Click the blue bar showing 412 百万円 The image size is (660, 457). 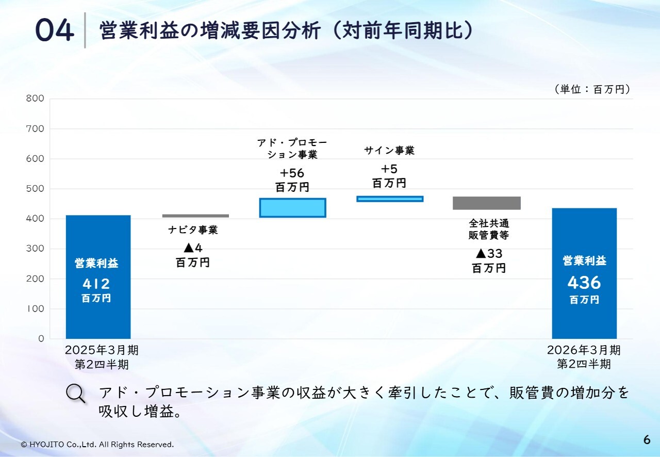(x=98, y=277)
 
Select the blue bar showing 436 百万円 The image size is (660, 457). (x=584, y=273)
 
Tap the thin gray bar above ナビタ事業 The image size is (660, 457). (x=195, y=216)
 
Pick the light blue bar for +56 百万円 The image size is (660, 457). (x=292, y=208)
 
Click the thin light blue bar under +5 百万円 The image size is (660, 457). (x=390, y=199)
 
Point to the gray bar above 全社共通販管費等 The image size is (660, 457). (x=487, y=203)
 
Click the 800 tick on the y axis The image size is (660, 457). (x=35, y=98)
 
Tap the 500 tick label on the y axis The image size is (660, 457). (x=35, y=188)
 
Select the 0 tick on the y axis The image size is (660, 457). (x=41, y=338)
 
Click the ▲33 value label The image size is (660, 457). (x=489, y=254)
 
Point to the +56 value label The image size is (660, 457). (x=292, y=173)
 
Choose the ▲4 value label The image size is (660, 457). (x=193, y=248)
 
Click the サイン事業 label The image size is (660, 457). (x=389, y=151)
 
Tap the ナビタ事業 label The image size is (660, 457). (x=193, y=230)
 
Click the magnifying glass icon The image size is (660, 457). (x=76, y=394)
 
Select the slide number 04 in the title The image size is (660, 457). (x=55, y=30)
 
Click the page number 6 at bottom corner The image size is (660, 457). (x=647, y=439)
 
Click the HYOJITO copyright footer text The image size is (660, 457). (x=97, y=444)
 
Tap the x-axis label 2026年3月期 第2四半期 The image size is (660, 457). (x=584, y=357)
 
